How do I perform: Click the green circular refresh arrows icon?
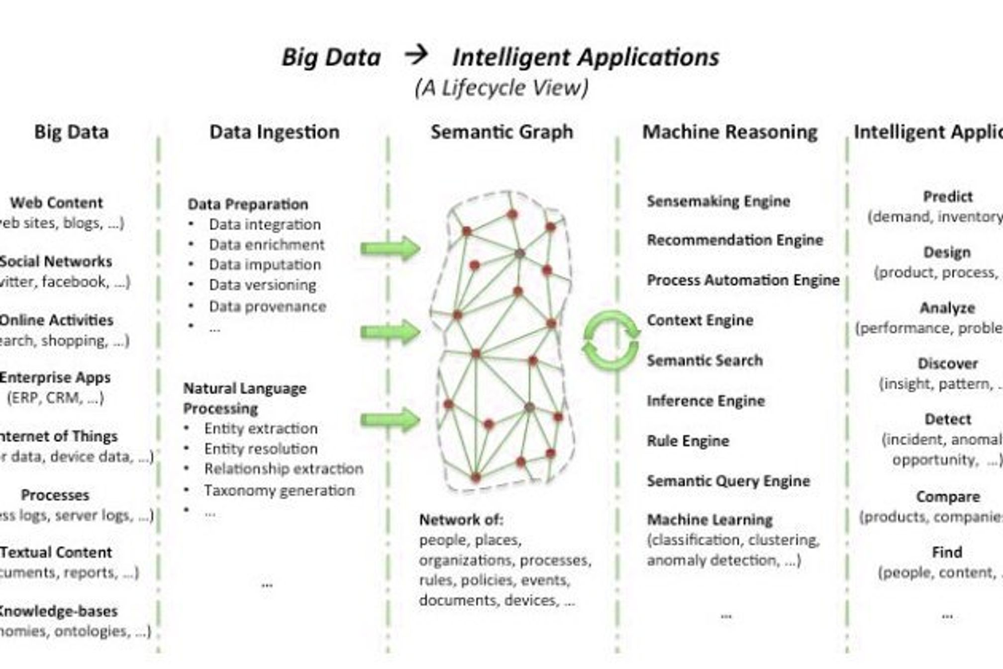tap(611, 340)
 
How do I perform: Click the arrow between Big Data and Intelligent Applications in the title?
tap(416, 55)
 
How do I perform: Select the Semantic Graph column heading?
tap(501, 132)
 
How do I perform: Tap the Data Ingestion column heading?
tap(274, 132)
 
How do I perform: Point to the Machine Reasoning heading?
tap(730, 132)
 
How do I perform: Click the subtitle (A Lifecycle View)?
tap(501, 88)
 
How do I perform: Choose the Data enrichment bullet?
tap(266, 244)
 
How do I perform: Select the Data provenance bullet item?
tap(267, 306)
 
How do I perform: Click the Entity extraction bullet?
tap(261, 428)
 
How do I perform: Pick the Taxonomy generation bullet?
tap(279, 490)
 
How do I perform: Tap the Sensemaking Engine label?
tap(718, 201)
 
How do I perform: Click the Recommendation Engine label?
tap(735, 240)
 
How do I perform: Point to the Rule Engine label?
tap(688, 441)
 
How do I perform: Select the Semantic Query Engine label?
tap(728, 481)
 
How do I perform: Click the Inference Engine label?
tap(705, 401)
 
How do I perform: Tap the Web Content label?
tap(56, 203)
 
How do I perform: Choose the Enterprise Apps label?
tap(55, 377)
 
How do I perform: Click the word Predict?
tap(947, 197)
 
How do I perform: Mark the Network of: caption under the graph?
tap(461, 520)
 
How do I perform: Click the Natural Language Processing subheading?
tap(244, 398)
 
